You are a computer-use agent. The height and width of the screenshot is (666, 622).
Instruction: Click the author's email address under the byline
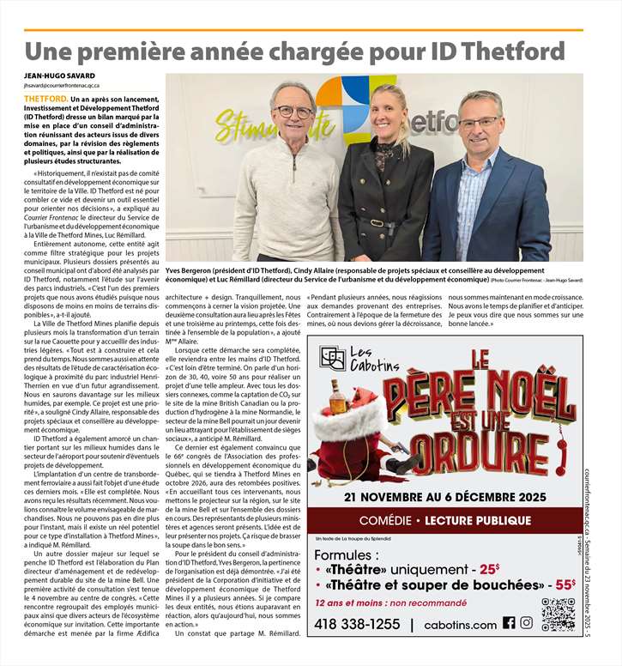63,86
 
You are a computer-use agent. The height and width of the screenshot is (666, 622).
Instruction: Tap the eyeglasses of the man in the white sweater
294,112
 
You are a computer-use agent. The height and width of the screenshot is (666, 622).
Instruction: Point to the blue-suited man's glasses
478,122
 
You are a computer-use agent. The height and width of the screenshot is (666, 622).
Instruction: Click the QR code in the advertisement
558,615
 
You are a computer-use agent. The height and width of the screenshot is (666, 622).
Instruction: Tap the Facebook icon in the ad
509,623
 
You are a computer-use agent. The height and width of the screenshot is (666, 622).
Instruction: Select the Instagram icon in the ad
526,623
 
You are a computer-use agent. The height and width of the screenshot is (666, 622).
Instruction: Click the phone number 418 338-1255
358,624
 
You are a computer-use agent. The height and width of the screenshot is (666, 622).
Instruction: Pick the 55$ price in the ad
564,584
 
